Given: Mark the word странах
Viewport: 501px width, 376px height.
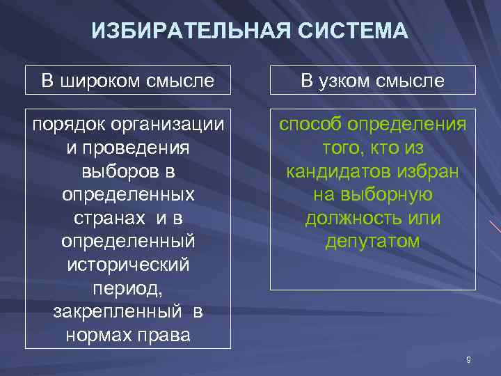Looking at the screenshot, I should pos(104,218).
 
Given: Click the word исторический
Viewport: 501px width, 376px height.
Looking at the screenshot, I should pos(128,265).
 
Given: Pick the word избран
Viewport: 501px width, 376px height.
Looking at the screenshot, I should pos(432,171).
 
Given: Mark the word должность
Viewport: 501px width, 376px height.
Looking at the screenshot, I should pos(351,218).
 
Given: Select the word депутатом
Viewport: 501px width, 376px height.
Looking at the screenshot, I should pos(372,242).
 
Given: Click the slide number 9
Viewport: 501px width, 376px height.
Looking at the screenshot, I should pos(468,359).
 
